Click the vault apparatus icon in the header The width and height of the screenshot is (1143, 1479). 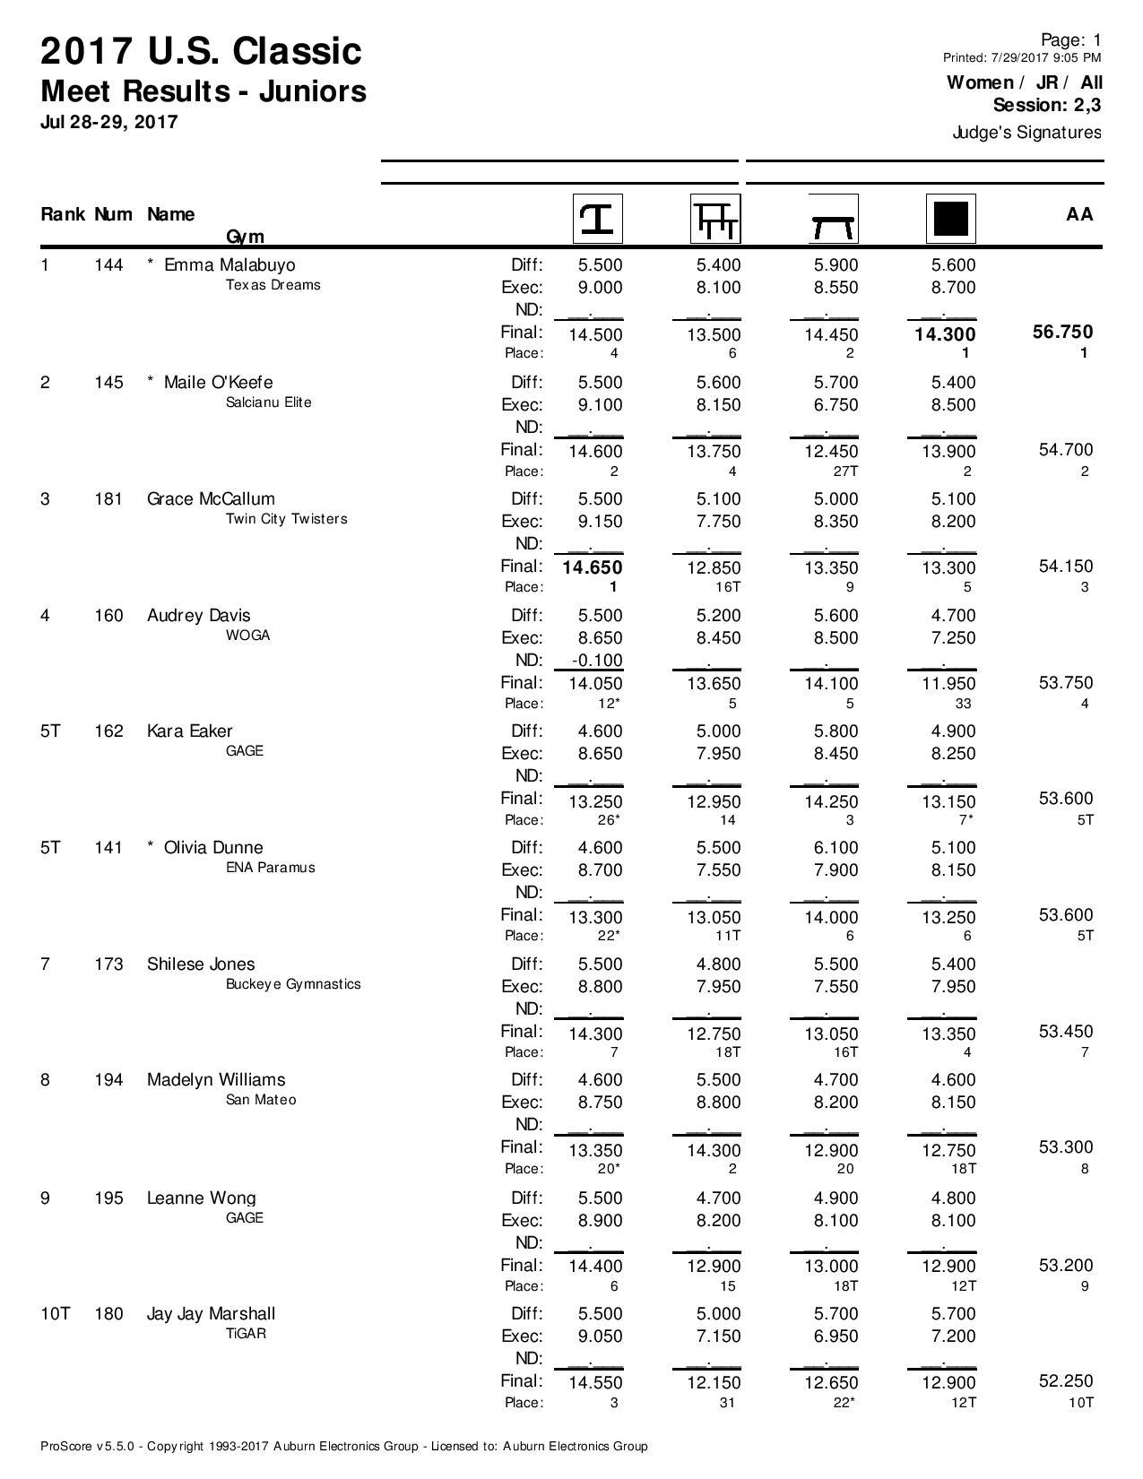pos(597,219)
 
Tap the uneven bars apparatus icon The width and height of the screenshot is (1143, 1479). pos(714,219)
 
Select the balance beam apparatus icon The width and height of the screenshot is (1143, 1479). pos(833,219)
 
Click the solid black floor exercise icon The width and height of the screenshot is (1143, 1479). pos(950,219)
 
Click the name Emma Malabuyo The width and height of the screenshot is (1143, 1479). pos(229,265)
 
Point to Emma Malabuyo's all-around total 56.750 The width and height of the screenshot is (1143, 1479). pos(1065,333)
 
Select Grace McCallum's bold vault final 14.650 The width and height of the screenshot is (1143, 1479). pos(593,567)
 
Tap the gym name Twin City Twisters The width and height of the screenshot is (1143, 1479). pos(286,519)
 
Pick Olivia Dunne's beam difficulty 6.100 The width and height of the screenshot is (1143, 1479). pos(836,848)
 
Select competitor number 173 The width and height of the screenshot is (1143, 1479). pos(108,964)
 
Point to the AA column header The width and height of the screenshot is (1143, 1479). pos(1079,214)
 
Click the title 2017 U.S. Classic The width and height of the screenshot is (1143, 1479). pos(201,52)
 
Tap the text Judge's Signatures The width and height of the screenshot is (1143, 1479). pos(1026,133)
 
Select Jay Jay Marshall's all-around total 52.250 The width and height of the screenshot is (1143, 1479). pos(1065,1381)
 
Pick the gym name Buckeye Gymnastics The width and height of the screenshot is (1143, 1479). pos(293,984)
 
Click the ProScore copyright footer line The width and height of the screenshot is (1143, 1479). pos(343,1446)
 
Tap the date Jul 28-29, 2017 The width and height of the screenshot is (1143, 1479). pos(109,122)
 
